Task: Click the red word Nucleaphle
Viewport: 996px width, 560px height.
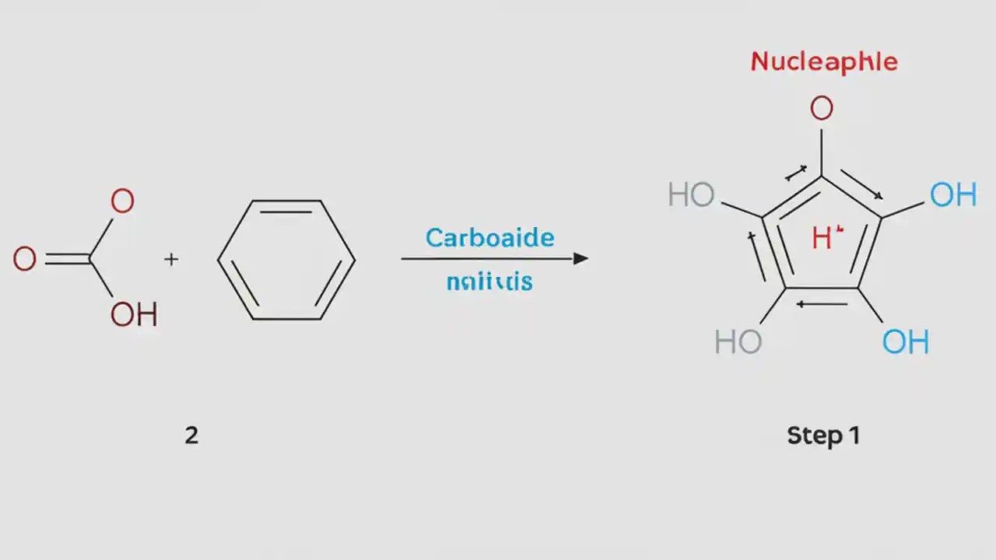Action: (823, 62)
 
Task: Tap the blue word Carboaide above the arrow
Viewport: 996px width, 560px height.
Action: (489, 237)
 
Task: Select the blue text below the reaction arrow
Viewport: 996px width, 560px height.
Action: (489, 281)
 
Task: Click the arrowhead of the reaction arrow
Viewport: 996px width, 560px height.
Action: (580, 258)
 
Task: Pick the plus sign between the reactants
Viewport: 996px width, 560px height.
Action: (171, 260)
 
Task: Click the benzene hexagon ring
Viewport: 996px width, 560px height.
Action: (286, 260)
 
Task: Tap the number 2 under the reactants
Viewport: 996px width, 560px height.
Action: (191, 435)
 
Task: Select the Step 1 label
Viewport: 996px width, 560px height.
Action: (823, 436)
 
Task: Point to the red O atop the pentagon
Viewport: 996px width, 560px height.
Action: (822, 109)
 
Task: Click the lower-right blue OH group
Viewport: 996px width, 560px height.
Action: (906, 341)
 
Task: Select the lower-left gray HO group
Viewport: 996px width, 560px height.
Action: (738, 341)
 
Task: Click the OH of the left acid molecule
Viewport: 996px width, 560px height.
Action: (134, 315)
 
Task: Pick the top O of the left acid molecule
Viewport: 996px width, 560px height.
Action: (122, 202)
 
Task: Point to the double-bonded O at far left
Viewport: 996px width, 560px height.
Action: (24, 259)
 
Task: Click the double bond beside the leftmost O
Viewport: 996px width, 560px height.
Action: (66, 259)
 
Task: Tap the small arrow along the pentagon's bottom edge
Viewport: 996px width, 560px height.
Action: (822, 303)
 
